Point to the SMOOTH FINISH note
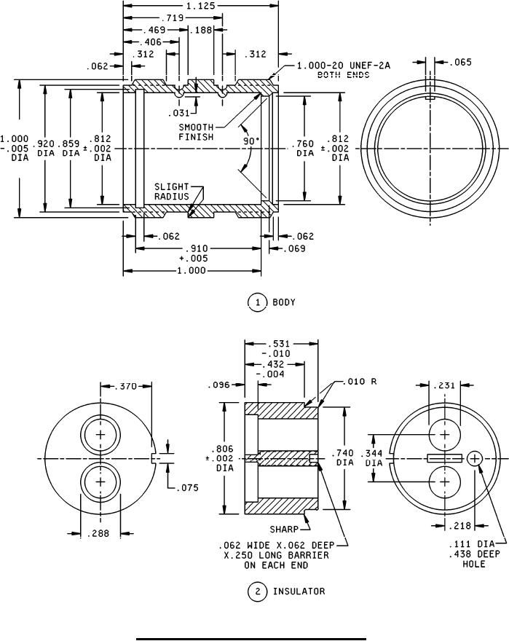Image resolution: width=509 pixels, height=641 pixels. (x=196, y=131)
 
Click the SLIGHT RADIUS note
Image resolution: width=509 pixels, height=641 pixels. (x=172, y=191)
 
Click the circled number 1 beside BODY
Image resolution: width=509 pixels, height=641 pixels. (x=258, y=302)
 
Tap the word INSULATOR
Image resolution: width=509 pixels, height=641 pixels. (x=299, y=591)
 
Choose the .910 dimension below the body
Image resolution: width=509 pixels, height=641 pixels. (x=194, y=248)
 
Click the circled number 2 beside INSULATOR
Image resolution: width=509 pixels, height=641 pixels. (x=258, y=591)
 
